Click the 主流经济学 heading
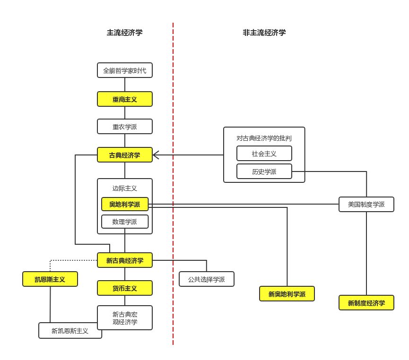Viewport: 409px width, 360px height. (x=124, y=33)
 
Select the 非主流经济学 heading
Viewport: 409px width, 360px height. (x=264, y=33)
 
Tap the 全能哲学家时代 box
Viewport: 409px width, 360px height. (x=125, y=71)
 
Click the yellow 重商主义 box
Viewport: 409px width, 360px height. (x=125, y=99)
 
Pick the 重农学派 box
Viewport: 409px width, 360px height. (x=125, y=127)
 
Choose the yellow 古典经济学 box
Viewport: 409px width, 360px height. (x=125, y=155)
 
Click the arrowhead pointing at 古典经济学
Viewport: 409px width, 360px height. (x=156, y=155)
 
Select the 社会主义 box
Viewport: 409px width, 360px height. (x=264, y=154)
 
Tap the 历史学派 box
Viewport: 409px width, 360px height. (x=264, y=171)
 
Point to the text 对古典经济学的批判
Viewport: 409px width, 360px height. (x=264, y=138)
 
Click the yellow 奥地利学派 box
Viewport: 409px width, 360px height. (x=125, y=204)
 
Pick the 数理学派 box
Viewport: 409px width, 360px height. (x=125, y=222)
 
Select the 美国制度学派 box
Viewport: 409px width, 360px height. (x=366, y=204)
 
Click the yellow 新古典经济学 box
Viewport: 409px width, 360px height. (x=125, y=260)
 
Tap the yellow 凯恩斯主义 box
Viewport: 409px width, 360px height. (x=50, y=279)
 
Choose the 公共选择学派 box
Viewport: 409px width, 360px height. (x=207, y=279)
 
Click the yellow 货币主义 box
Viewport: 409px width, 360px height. (x=125, y=288)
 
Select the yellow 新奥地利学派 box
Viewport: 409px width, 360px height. (x=287, y=294)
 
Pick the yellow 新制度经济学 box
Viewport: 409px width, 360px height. (x=366, y=303)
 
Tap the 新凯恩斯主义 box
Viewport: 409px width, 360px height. (x=70, y=331)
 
